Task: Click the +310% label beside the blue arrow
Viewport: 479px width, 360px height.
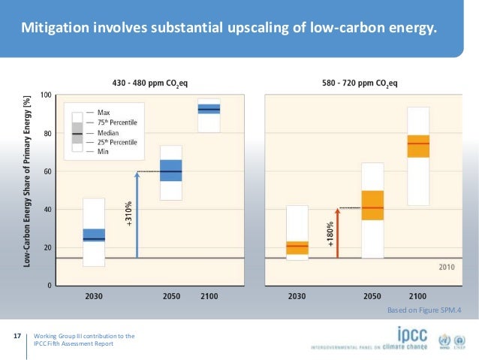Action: coord(128,215)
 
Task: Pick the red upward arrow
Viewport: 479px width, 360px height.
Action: coord(337,233)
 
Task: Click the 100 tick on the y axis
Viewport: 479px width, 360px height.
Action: coord(47,95)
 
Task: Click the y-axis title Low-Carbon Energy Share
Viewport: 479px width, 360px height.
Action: coord(27,180)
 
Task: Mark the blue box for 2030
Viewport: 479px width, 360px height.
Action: coord(94,234)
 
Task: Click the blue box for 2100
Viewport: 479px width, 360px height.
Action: coord(209,109)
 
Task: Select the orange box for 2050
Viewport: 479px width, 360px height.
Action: coord(372,205)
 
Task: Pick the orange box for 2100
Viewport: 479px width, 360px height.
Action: coord(418,146)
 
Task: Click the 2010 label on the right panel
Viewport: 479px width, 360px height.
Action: coord(446,267)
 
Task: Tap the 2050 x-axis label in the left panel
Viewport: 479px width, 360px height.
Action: coord(171,296)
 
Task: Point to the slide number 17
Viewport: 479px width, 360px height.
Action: coord(17,336)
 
